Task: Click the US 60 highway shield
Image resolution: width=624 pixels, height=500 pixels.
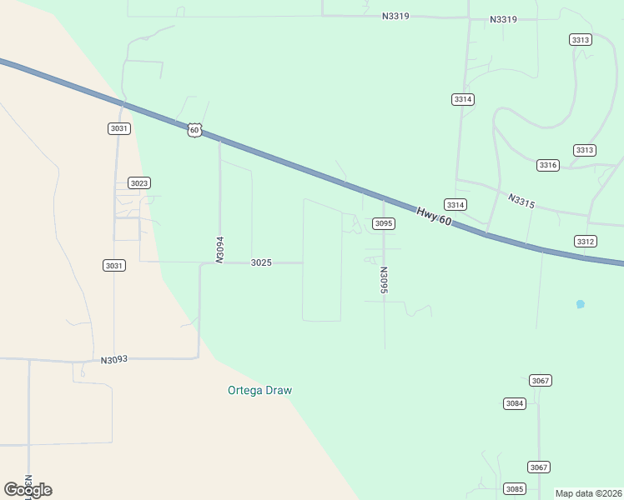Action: [x=194, y=130]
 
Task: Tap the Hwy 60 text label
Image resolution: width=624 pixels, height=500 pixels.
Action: [x=434, y=215]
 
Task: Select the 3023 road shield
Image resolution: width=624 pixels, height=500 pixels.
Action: [x=139, y=183]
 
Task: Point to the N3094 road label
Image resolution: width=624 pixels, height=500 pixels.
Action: [x=220, y=250]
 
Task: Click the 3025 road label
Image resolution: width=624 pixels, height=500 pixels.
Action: [x=261, y=262]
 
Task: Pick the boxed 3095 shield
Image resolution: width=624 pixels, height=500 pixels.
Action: [x=383, y=223]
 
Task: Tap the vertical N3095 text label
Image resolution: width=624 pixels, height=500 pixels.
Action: [x=383, y=280]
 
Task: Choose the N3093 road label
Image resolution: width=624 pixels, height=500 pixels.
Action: [x=114, y=360]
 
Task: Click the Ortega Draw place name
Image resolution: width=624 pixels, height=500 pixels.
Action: [x=260, y=390]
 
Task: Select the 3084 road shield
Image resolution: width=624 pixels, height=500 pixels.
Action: [x=515, y=403]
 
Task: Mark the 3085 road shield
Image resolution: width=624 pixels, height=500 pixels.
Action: [x=515, y=488]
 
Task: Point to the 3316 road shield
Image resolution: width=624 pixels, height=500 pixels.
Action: [x=548, y=165]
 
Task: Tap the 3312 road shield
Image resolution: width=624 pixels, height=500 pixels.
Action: [x=586, y=242]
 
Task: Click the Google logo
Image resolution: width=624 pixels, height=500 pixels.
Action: [x=28, y=490]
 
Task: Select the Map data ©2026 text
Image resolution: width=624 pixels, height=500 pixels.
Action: [x=589, y=493]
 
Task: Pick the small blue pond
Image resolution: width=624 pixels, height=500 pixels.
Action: [x=581, y=304]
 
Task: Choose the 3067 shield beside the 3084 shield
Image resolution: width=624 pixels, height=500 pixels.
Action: [x=541, y=381]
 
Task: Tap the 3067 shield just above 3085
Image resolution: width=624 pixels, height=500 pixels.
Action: [x=539, y=467]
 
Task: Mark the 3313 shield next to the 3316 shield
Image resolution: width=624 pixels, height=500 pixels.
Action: [x=585, y=150]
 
